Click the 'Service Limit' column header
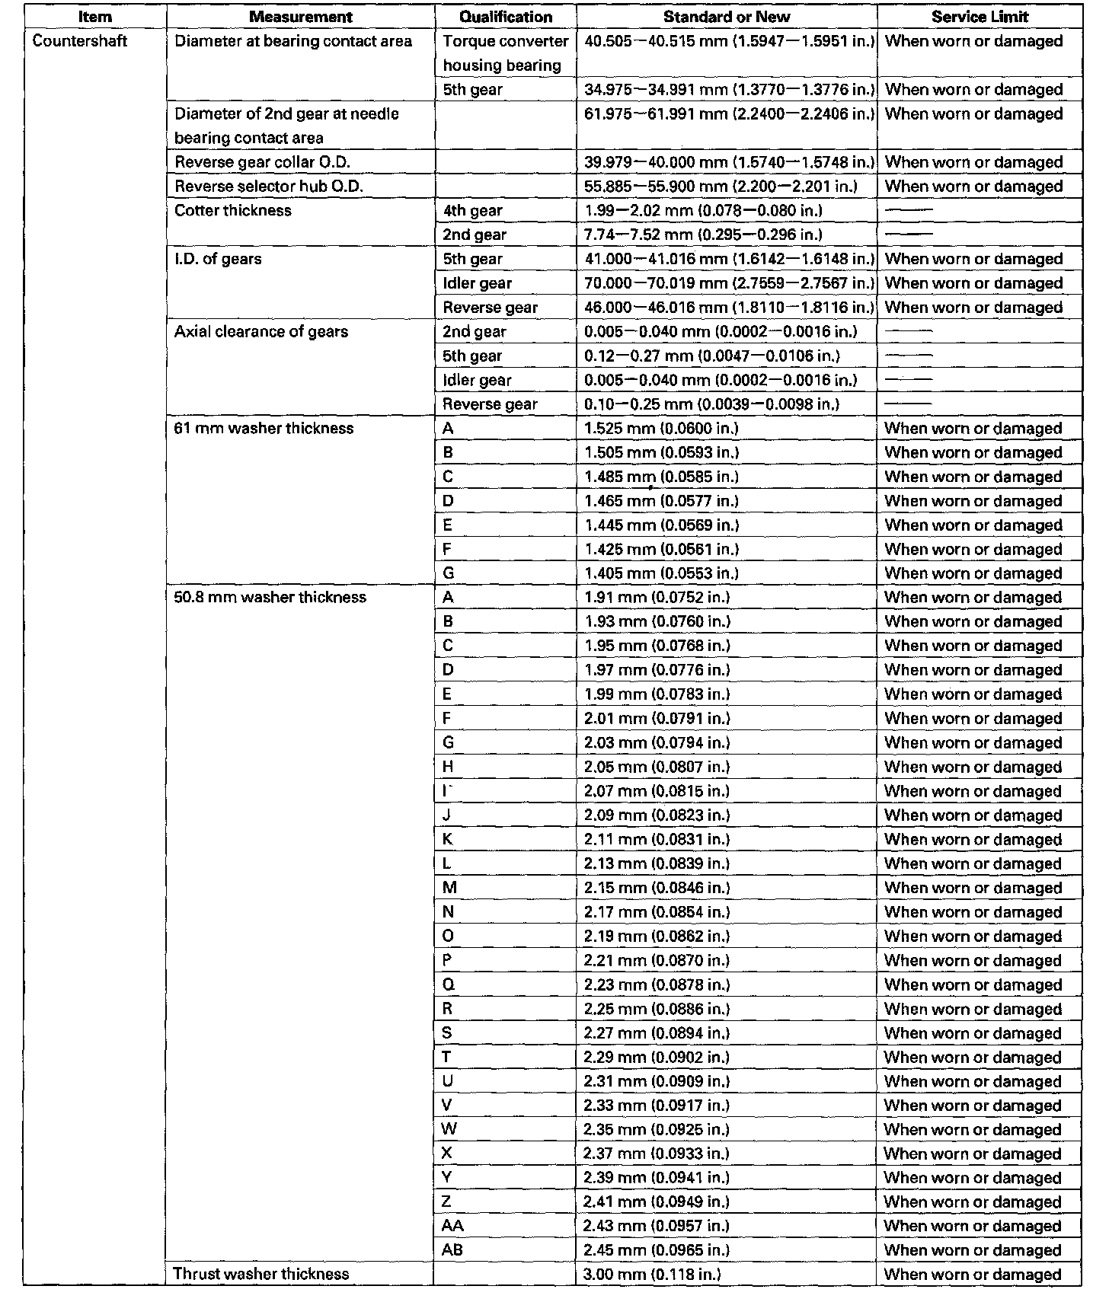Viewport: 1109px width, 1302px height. [x=980, y=17]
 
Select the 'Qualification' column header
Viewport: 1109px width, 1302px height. [x=506, y=17]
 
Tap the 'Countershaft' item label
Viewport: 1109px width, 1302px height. [x=79, y=41]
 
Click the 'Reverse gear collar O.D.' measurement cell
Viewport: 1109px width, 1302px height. [x=262, y=162]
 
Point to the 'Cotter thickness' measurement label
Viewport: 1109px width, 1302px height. [x=233, y=210]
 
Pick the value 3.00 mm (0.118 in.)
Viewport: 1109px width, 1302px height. [x=652, y=1274]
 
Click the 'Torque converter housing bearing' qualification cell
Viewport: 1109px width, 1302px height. [x=506, y=53]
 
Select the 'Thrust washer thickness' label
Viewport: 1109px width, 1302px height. [x=260, y=1274]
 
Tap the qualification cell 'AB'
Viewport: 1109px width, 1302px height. [x=452, y=1249]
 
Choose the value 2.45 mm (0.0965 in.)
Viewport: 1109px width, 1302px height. [x=657, y=1249]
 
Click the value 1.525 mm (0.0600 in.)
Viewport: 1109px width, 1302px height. [x=661, y=428]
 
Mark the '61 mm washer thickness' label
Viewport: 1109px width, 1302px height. [x=264, y=428]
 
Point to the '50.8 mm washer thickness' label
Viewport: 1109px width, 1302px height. [x=270, y=597]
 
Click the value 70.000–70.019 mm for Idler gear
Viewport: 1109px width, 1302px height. [x=729, y=283]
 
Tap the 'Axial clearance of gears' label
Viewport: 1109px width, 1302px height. [x=261, y=331]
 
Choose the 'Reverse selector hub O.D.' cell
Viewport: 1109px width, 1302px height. [x=269, y=187]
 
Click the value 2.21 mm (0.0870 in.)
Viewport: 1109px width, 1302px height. [x=657, y=960]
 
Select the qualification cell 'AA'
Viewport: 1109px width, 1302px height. [x=452, y=1225]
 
